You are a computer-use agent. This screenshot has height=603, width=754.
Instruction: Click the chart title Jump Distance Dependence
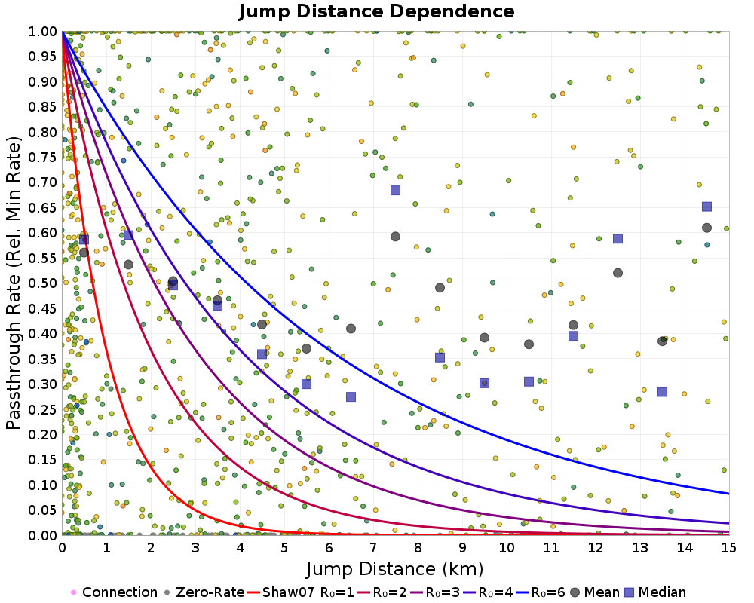tap(376, 12)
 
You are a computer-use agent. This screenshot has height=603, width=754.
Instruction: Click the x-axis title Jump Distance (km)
tap(394, 568)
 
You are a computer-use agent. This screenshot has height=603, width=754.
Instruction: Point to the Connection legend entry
tap(114, 592)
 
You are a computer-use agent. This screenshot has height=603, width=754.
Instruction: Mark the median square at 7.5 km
tap(395, 190)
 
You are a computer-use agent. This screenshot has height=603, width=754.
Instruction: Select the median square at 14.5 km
tap(706, 207)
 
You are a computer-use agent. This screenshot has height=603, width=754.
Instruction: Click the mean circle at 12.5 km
tap(618, 273)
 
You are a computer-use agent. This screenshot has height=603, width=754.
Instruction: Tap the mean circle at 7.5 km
tap(395, 237)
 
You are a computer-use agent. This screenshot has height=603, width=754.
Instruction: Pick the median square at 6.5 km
tap(351, 397)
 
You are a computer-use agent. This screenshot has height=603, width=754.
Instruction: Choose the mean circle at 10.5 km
tap(529, 344)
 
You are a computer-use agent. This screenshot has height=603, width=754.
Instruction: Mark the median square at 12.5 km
tap(618, 239)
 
